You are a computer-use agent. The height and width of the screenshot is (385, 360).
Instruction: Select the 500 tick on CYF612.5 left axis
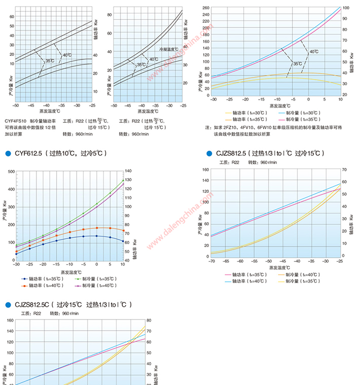point(12,172)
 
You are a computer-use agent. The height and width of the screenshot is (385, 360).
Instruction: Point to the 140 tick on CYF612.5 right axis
point(128,171)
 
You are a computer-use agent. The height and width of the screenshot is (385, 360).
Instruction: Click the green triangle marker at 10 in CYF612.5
point(123,181)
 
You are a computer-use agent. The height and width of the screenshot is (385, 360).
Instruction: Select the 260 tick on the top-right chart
point(206,8)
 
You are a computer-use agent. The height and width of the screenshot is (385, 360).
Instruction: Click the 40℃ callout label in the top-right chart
point(314,52)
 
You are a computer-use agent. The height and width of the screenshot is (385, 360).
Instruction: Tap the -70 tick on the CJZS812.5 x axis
point(211,261)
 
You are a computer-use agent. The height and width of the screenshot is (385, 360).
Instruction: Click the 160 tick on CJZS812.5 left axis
point(205,169)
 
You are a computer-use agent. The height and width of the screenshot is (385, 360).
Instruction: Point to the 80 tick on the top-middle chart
point(108,15)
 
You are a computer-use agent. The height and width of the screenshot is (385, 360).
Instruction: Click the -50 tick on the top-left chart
point(16,105)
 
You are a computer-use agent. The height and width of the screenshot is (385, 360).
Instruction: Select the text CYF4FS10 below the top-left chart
point(15,121)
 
